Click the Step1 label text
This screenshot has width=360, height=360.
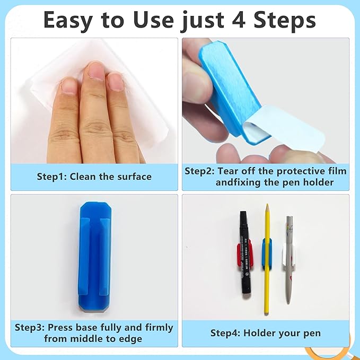pos(51,177)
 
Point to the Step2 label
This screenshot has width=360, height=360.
pos(199,171)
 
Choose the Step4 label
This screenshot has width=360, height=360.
pos(226,333)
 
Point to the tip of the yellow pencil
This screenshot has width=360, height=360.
pos(267,206)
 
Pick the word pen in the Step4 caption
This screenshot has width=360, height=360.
pos(312,333)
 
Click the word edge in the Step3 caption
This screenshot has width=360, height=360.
pos(130,338)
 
